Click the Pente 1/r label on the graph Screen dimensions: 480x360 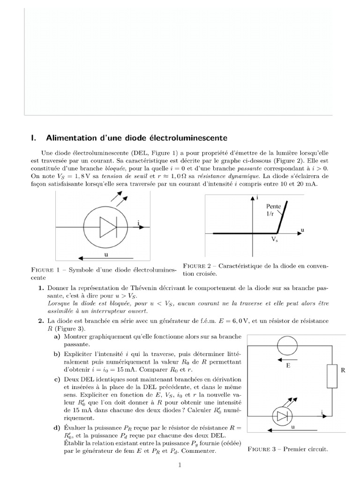[x=274, y=210]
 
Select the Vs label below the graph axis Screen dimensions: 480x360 [x=275, y=239]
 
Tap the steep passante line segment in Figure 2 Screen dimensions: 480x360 [x=282, y=217]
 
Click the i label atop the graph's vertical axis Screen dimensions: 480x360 [x=258, y=197]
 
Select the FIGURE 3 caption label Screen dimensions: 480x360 [x=263, y=449]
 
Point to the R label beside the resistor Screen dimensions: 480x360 [x=343, y=370]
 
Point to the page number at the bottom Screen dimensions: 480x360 [x=179, y=465]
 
